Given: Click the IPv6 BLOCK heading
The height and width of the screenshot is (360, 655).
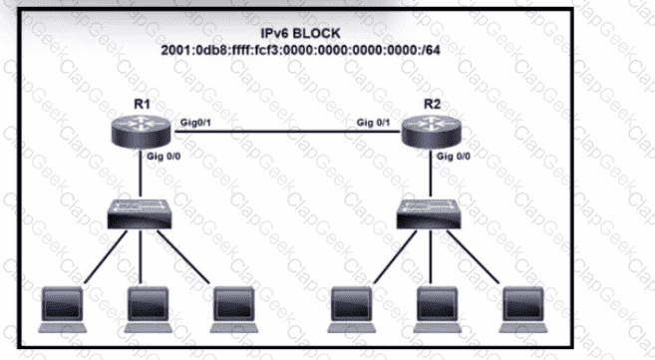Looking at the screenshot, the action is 300,33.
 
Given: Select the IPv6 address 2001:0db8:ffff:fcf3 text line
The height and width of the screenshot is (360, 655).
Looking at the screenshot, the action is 300,50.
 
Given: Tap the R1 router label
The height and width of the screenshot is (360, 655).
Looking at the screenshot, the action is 142,104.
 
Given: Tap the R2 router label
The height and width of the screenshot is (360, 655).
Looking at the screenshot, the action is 432,104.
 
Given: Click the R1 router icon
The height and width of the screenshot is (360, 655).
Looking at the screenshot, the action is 142,132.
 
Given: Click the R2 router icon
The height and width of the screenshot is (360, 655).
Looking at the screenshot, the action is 431,132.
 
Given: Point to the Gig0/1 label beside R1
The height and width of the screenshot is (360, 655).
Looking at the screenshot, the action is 195,123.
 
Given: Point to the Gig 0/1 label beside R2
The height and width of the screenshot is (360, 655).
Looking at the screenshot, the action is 373,123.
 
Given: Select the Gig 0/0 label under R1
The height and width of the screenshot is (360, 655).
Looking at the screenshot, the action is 164,157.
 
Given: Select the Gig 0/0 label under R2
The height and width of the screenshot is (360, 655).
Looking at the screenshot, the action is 454,157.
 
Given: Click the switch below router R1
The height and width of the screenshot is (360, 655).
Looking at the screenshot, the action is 140,214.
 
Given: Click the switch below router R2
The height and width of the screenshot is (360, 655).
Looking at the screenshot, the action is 429,214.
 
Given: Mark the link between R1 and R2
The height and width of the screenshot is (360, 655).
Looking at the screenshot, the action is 286,132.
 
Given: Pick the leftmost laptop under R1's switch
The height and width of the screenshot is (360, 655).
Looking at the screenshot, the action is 62,310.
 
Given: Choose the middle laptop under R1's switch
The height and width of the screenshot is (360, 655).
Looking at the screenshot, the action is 148,310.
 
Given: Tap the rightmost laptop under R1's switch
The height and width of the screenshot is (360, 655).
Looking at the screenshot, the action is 233,310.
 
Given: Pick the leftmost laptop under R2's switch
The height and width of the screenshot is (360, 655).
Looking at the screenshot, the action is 351,310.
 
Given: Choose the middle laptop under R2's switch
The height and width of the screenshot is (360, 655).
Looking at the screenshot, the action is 437,310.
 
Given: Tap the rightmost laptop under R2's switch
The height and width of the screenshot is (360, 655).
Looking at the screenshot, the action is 523,310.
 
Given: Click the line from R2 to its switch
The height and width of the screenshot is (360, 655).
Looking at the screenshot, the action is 431,173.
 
